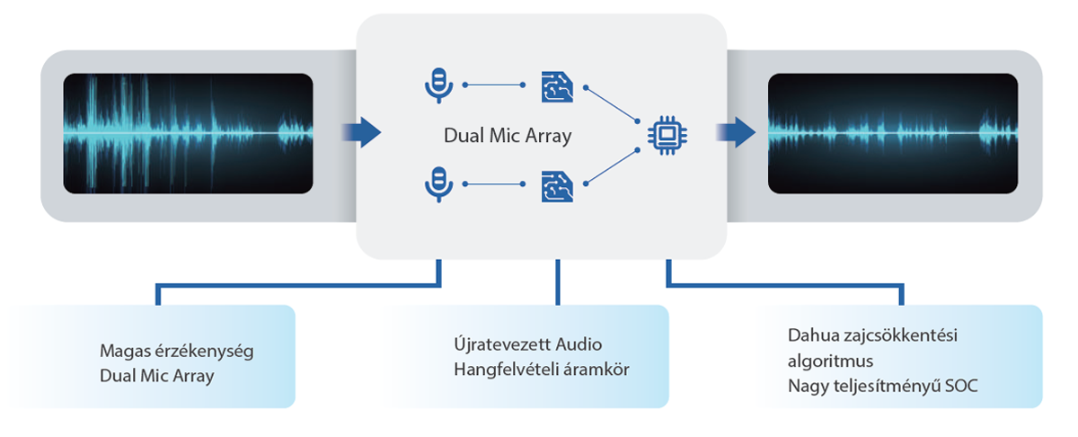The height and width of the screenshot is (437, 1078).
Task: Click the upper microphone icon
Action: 437,85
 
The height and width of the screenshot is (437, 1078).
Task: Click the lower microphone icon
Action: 437,183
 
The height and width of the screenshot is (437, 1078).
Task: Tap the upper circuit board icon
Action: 556,86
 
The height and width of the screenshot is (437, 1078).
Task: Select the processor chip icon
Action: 666,135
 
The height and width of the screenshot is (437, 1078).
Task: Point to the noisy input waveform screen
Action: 188,134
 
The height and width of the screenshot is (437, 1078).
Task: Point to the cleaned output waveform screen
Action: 892,134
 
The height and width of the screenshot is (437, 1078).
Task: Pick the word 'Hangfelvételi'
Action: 503,369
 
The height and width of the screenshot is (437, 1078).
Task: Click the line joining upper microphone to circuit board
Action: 494,85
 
